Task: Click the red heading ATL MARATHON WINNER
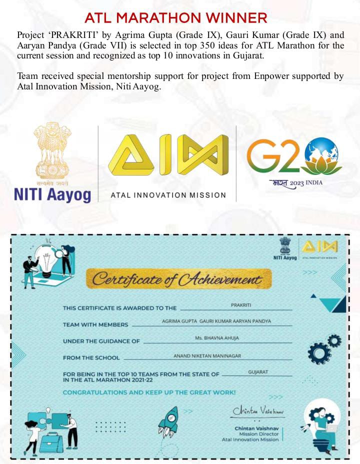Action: tap(175, 18)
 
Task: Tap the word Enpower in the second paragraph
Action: tap(270, 76)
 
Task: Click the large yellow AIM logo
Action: tap(168, 154)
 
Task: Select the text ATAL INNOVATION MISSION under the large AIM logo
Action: tap(168, 195)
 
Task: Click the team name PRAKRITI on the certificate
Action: tap(237, 305)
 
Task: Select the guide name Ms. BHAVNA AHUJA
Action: tap(217, 338)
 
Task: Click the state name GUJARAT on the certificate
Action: tap(258, 372)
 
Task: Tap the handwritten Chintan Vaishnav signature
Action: tap(258, 411)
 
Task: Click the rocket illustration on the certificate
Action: tap(168, 421)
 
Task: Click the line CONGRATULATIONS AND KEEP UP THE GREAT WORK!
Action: tap(149, 393)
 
